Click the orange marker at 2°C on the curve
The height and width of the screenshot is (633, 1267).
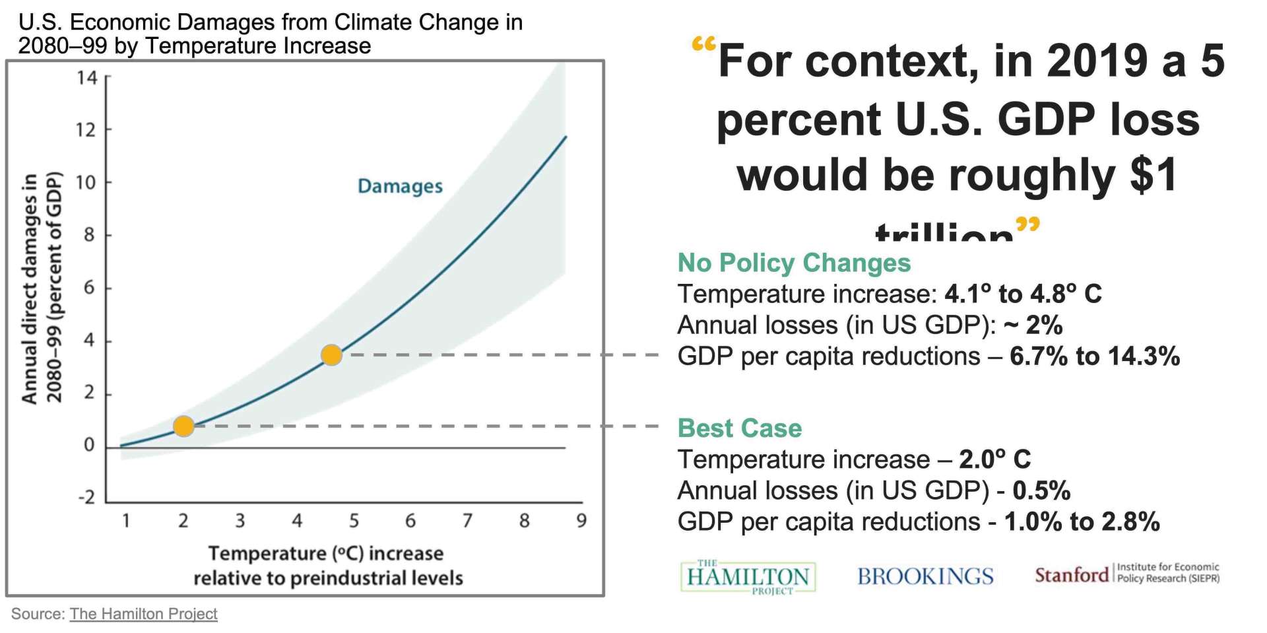(x=183, y=426)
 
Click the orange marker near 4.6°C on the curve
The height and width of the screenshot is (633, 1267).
(x=331, y=355)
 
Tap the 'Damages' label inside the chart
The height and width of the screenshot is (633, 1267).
(x=400, y=186)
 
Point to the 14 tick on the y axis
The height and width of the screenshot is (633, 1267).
(x=86, y=78)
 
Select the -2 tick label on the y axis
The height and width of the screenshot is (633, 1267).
(x=86, y=497)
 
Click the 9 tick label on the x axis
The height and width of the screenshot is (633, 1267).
(x=581, y=521)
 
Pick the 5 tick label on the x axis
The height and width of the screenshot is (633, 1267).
(x=354, y=521)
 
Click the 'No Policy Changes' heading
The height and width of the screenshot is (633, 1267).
(x=794, y=263)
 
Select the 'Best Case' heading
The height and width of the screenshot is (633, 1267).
(x=739, y=428)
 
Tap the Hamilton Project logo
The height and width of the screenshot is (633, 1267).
(x=748, y=577)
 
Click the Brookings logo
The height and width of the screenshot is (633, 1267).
(x=925, y=576)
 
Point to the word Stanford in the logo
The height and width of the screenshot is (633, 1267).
(x=1071, y=575)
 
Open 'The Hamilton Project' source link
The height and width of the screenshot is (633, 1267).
(x=143, y=614)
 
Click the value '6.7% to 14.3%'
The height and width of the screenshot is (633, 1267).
(x=1094, y=356)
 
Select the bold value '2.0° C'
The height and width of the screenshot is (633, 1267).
(x=994, y=459)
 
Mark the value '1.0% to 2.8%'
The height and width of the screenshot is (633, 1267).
(x=1082, y=522)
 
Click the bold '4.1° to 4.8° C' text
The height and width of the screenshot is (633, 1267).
(x=1023, y=294)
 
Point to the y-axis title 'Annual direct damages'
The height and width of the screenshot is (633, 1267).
(x=29, y=288)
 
